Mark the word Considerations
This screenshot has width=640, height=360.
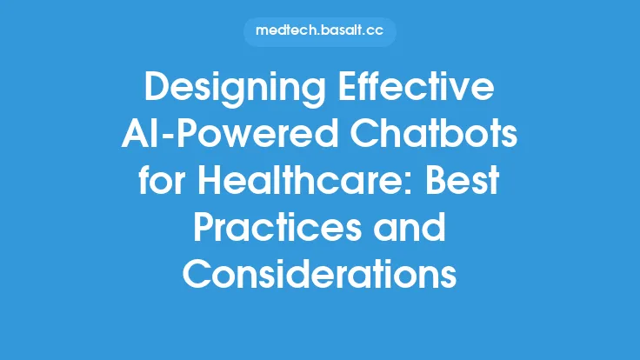320,277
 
